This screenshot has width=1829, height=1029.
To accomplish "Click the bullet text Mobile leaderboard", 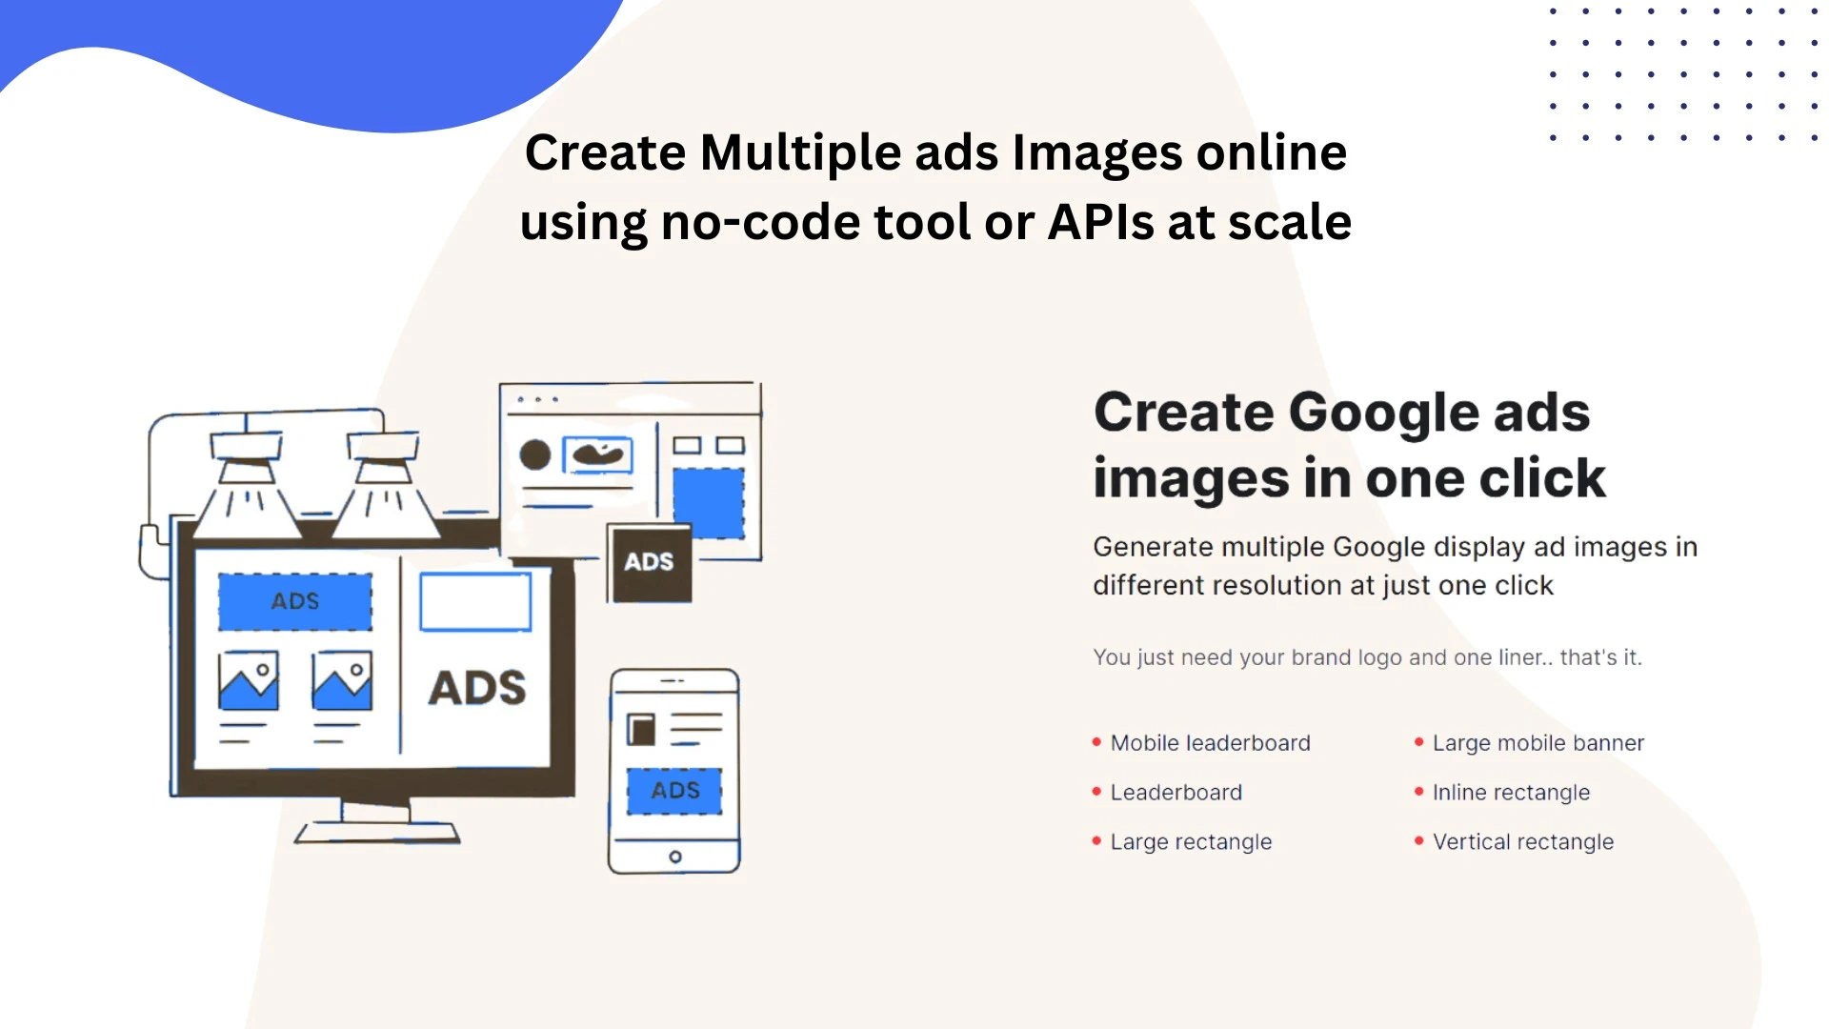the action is pos(1210,743).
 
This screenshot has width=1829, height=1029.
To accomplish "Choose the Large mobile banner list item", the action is pos(1538,743).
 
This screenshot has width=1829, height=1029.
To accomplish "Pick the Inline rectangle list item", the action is pos(1511,793).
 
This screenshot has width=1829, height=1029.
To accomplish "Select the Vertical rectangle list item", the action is pos(1523,842).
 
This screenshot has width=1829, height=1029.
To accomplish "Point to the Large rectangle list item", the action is pos(1191,842).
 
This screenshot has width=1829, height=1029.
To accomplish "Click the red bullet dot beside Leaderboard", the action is pos(1096,791).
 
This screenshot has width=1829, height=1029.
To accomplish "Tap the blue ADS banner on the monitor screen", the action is pos(295,601).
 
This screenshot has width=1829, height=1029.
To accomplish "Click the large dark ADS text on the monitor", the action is pos(477,688).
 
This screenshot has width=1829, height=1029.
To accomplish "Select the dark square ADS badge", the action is pos(650,563).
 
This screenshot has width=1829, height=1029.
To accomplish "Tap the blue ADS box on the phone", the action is pos(674,791).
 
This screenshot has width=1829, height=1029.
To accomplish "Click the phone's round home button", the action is pos(675,857).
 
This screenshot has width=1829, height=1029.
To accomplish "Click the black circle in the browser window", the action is pos(535,454).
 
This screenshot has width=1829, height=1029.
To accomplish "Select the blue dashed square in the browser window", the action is pos(709,503).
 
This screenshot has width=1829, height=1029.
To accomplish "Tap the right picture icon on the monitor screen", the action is pos(342,680).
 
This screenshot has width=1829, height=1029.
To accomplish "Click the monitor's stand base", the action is pos(377,834).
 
